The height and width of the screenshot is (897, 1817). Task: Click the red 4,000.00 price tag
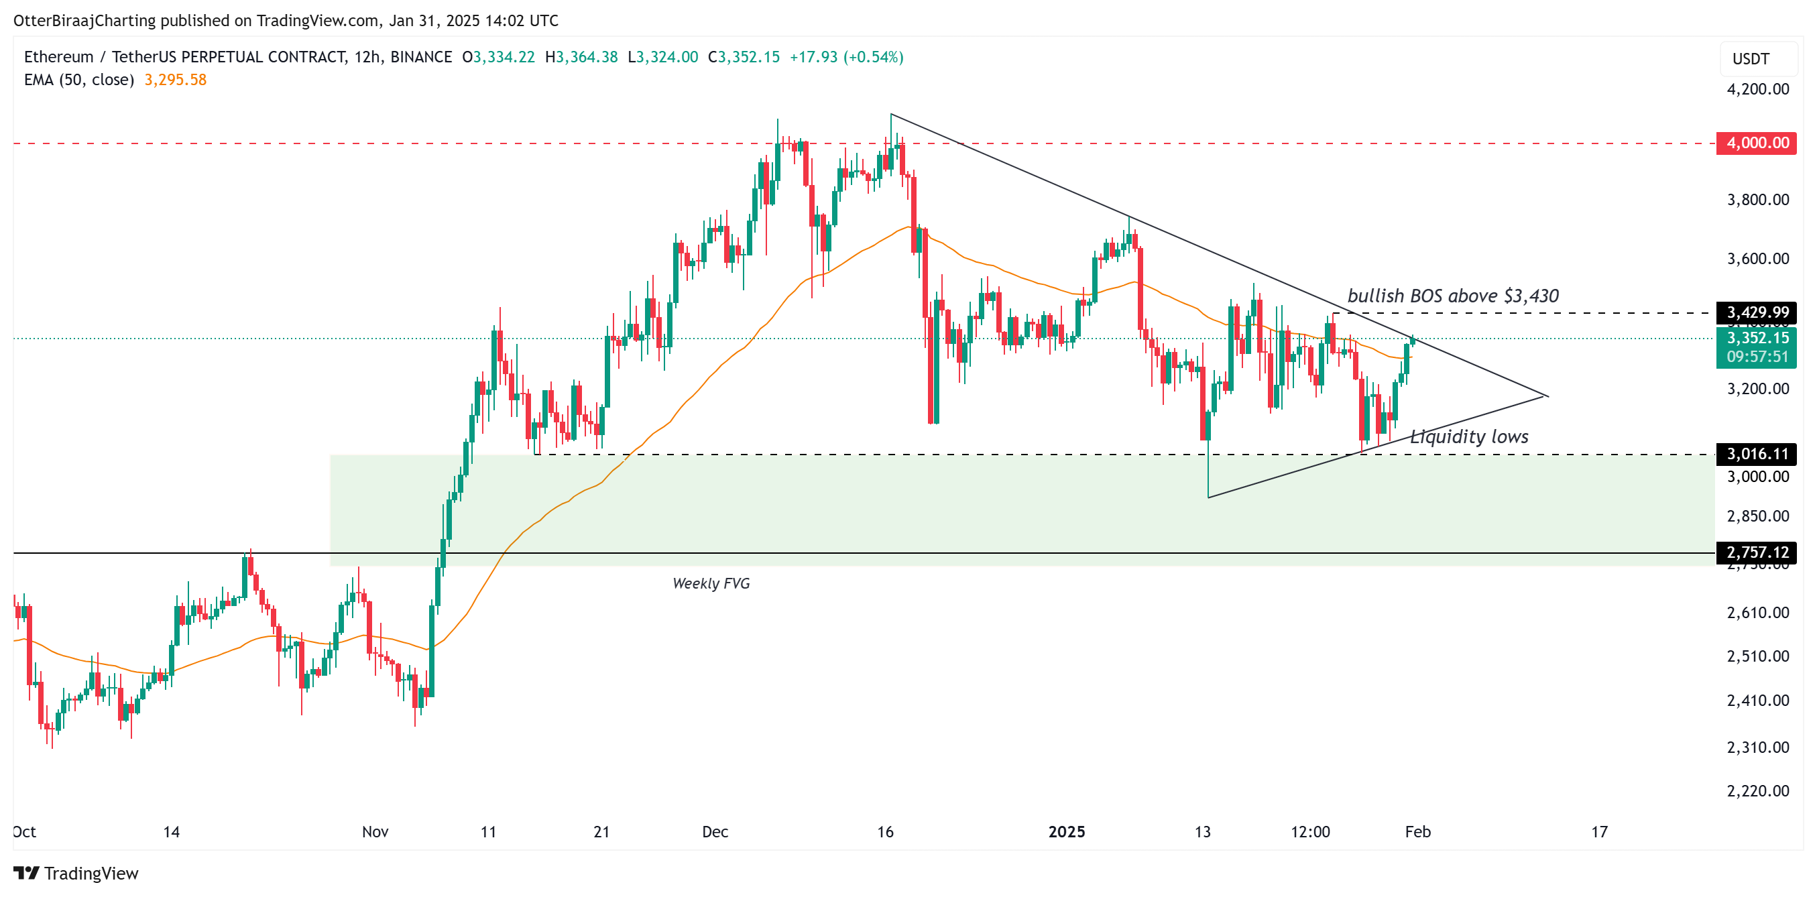point(1757,143)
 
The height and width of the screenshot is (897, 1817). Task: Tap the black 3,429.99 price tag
point(1757,312)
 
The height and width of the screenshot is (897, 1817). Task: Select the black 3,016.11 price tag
point(1757,453)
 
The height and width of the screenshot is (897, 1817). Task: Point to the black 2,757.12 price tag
point(1757,552)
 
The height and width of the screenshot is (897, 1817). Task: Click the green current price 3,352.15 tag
point(1757,339)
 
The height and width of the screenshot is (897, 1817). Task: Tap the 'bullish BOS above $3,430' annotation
point(1452,296)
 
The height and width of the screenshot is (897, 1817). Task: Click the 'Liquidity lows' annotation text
point(1469,437)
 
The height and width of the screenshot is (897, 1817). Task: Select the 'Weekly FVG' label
point(710,583)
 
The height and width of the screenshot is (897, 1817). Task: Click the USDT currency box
point(1751,59)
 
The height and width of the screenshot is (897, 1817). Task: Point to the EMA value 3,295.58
point(175,80)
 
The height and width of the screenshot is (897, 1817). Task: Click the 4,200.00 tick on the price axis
point(1757,90)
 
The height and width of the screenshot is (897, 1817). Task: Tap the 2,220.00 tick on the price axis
point(1757,791)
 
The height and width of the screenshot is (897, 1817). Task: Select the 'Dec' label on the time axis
point(715,832)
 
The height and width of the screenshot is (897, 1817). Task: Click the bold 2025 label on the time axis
point(1067,832)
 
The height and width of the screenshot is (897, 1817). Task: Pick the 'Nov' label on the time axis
point(375,832)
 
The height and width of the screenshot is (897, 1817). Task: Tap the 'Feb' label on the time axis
point(1417,832)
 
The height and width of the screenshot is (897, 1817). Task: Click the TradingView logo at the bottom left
point(76,874)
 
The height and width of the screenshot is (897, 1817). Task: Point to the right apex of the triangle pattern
point(1547,396)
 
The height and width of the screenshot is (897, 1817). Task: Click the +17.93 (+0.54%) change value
point(845,57)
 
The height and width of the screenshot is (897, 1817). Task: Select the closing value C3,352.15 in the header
point(744,57)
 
